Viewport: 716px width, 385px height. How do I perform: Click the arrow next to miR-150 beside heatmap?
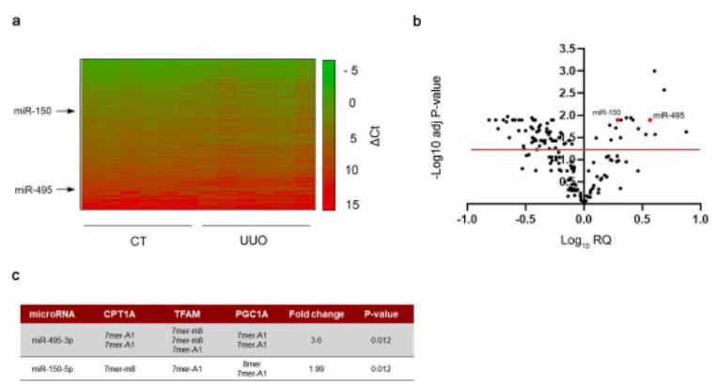click(64, 112)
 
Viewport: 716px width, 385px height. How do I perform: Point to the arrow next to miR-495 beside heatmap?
click(64, 190)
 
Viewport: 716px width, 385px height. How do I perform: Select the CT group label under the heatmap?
click(137, 240)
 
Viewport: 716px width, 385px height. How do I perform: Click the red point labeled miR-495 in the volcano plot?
click(648, 120)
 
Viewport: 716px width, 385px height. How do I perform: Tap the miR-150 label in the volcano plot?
click(605, 113)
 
